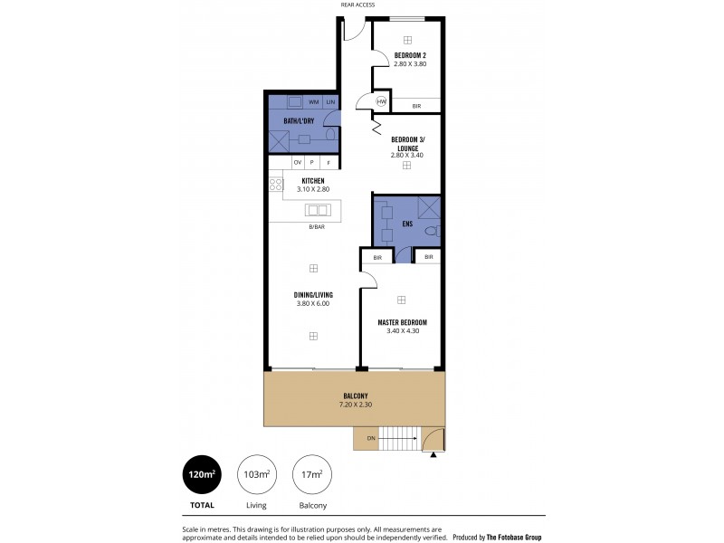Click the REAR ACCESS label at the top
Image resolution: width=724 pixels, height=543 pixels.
(357, 5)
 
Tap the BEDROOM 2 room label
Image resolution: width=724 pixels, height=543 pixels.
(410, 56)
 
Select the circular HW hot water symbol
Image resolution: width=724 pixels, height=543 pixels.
(382, 102)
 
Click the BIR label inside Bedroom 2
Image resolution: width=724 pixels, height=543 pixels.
(416, 106)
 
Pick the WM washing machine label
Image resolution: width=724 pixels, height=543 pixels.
(313, 101)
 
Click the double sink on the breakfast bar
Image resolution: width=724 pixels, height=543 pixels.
(318, 210)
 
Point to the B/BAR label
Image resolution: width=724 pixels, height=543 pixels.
(317, 226)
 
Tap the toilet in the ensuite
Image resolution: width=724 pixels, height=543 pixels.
(431, 232)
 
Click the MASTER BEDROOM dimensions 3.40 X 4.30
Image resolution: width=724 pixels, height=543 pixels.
(403, 330)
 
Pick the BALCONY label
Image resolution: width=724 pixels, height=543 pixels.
(355, 395)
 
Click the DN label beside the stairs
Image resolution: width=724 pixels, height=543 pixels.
(370, 439)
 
